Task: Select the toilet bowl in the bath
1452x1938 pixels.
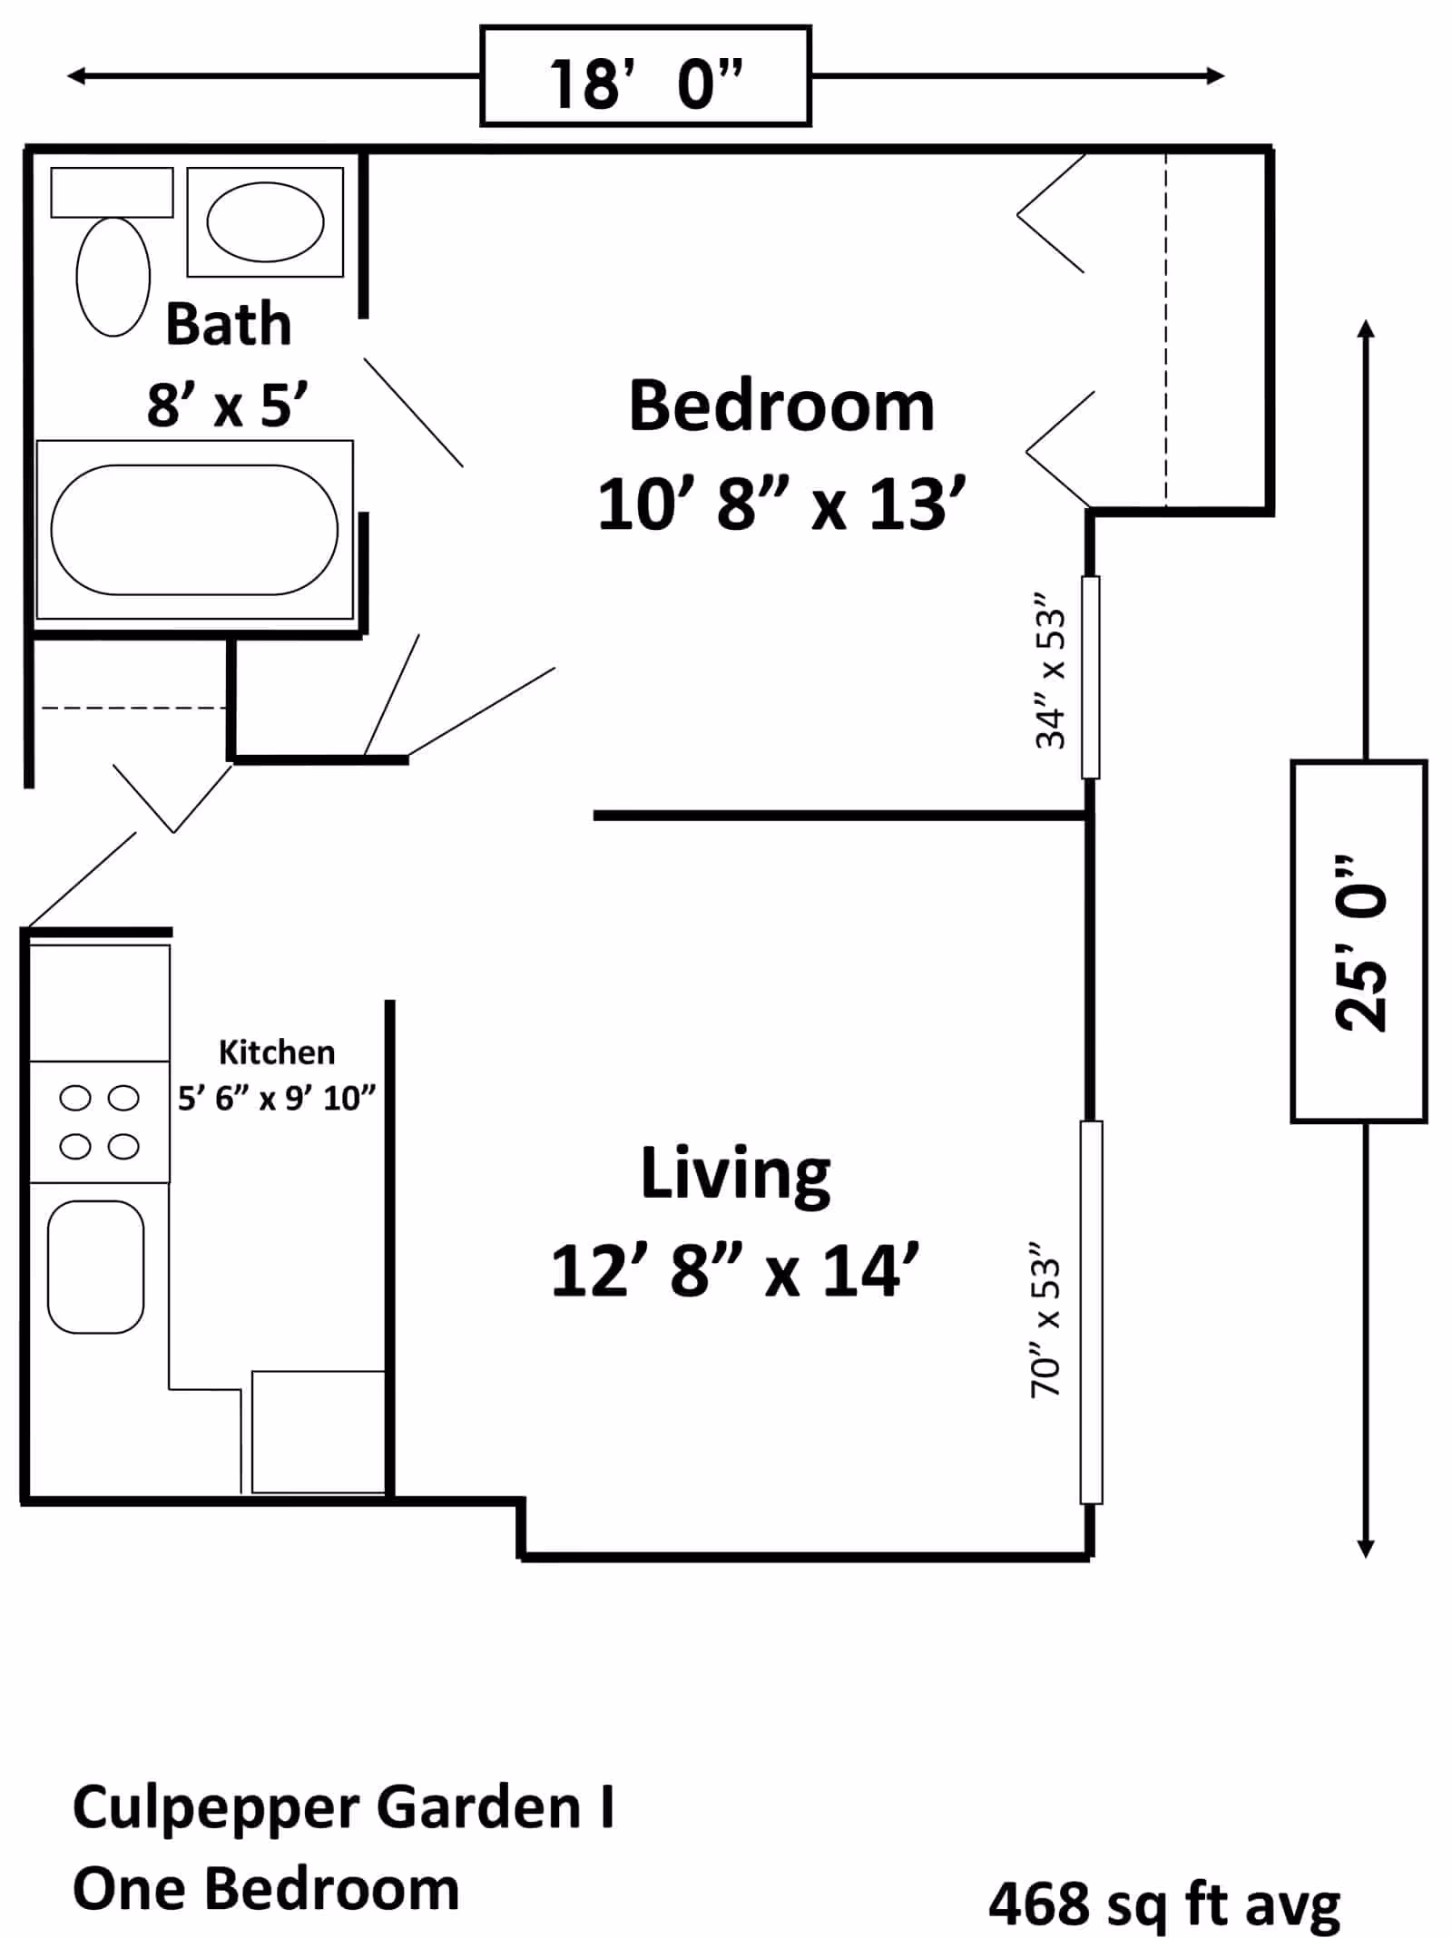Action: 113,277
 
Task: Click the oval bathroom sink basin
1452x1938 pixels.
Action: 265,221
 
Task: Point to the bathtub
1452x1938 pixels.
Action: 194,530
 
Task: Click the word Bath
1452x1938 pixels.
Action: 229,324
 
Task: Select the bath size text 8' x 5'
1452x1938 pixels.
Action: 228,405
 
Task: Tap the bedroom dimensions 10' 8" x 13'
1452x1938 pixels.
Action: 781,504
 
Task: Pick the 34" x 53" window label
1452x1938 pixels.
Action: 1050,670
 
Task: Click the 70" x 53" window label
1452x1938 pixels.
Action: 1045,1326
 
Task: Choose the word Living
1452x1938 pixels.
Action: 735,1175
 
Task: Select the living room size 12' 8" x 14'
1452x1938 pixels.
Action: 735,1271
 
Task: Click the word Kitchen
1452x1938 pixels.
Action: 277,1052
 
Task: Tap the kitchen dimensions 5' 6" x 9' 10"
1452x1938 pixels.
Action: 277,1099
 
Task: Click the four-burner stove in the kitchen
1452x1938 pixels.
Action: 100,1122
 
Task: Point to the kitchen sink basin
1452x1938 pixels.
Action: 96,1268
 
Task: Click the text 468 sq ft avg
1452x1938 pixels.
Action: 1164,1904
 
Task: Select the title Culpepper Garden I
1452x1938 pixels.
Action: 343,1808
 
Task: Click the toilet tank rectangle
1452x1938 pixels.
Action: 112,192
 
